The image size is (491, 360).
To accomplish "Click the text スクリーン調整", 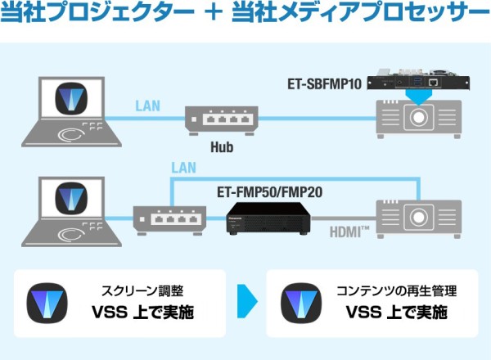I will click(x=142, y=290).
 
